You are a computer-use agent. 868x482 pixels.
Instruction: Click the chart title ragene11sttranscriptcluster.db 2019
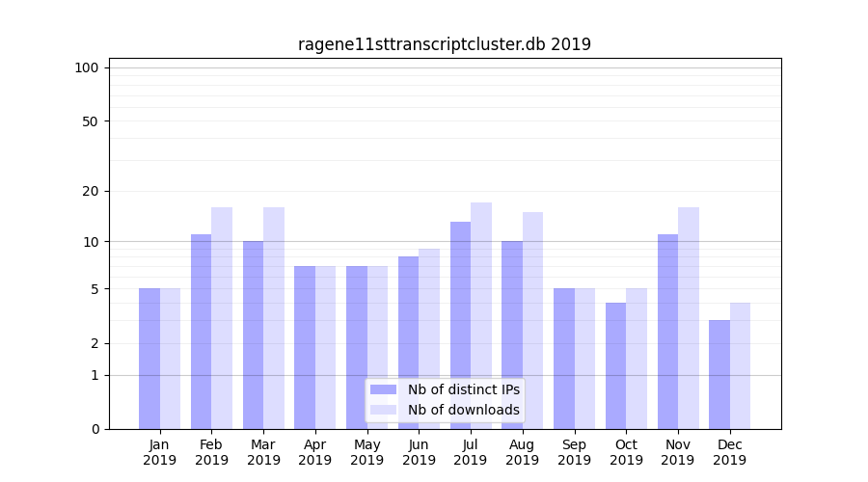point(444,44)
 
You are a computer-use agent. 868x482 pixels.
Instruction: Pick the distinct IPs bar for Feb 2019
point(201,332)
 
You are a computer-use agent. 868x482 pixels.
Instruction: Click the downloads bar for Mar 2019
point(274,318)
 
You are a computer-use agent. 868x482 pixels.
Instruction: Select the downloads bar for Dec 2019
point(740,366)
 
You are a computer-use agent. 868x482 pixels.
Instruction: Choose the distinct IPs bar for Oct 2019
point(615,366)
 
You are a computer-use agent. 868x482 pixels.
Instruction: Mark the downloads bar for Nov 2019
point(689,318)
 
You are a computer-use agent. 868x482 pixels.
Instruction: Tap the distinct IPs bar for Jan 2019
point(149,359)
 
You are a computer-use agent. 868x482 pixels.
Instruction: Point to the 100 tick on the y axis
point(87,67)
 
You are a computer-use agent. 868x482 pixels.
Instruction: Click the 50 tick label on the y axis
point(90,121)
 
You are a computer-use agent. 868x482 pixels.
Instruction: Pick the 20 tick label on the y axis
point(90,191)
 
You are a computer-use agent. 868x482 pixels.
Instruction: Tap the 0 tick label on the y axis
point(95,429)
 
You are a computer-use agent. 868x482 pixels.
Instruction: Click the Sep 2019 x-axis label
point(574,452)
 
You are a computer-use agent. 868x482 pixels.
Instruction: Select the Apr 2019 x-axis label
point(315,452)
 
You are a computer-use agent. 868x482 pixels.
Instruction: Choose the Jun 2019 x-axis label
point(419,452)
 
